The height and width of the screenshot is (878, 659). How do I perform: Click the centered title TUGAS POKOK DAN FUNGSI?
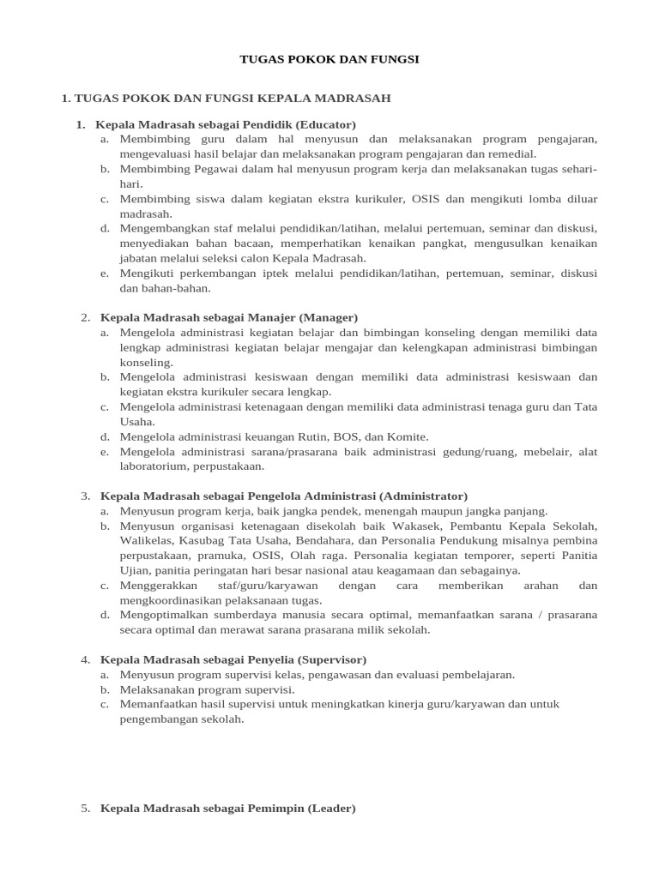(x=329, y=59)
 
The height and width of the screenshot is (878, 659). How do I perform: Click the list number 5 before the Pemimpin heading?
(x=86, y=808)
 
